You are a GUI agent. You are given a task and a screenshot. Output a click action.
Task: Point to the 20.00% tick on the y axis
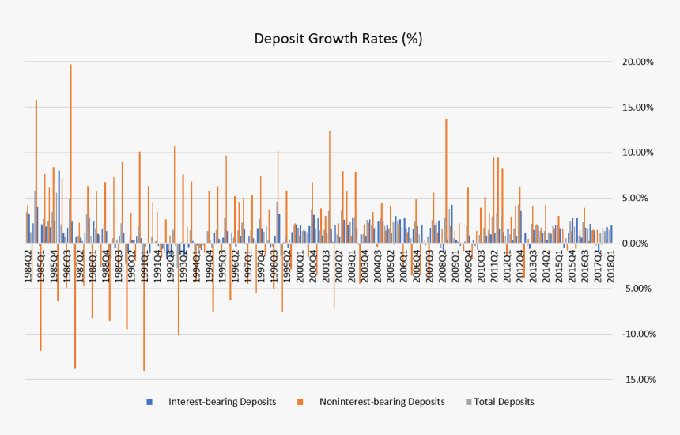click(640, 62)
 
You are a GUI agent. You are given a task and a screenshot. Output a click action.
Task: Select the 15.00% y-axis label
click(640, 108)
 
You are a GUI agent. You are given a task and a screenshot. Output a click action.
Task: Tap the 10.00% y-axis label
click(640, 153)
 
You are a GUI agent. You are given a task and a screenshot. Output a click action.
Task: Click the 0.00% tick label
click(642, 244)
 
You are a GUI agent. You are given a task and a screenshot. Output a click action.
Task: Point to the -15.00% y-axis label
click(638, 380)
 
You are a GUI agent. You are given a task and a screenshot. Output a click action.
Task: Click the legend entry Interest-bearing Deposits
click(222, 402)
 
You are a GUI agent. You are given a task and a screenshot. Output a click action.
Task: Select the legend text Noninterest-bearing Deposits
click(382, 402)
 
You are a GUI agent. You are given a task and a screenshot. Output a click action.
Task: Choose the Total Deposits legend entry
click(504, 402)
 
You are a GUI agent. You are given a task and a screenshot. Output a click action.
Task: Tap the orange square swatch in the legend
click(300, 402)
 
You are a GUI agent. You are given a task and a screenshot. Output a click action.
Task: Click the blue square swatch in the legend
click(149, 402)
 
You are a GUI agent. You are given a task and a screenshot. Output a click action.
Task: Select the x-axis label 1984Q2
click(29, 263)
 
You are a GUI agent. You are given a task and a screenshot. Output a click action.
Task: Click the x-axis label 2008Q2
click(441, 263)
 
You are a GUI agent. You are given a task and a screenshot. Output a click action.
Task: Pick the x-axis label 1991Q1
click(145, 263)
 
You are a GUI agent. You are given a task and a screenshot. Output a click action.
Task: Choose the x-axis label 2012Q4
click(519, 263)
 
